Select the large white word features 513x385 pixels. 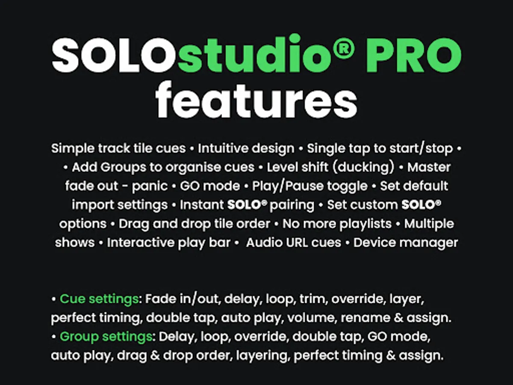[256, 100]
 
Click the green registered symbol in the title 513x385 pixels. [343, 48]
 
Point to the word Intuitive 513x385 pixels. [223, 148]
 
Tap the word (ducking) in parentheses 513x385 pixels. [363, 167]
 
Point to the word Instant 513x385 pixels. [202, 205]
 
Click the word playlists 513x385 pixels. [366, 224]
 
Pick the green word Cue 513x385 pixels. [72, 299]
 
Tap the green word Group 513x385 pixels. [79, 337]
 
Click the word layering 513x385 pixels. [262, 356]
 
